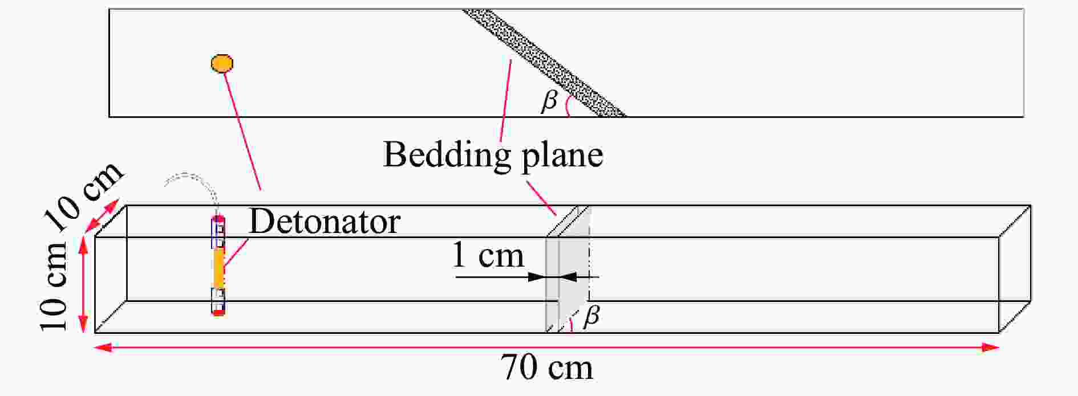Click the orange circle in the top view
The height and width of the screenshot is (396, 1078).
click(222, 63)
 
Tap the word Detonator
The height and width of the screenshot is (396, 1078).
click(325, 221)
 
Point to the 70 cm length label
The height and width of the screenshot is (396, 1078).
click(547, 368)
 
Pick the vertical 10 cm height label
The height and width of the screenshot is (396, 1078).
click(54, 286)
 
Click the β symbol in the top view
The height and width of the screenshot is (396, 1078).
click(549, 101)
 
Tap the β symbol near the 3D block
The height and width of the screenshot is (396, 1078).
click(591, 315)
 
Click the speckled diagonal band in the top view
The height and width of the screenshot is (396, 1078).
click(544, 63)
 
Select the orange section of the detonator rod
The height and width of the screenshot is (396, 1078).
click(218, 268)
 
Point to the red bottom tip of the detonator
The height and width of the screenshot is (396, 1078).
click(218, 312)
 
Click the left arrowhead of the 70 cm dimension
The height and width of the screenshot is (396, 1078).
click(103, 347)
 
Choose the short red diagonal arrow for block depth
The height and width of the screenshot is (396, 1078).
click(102, 217)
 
